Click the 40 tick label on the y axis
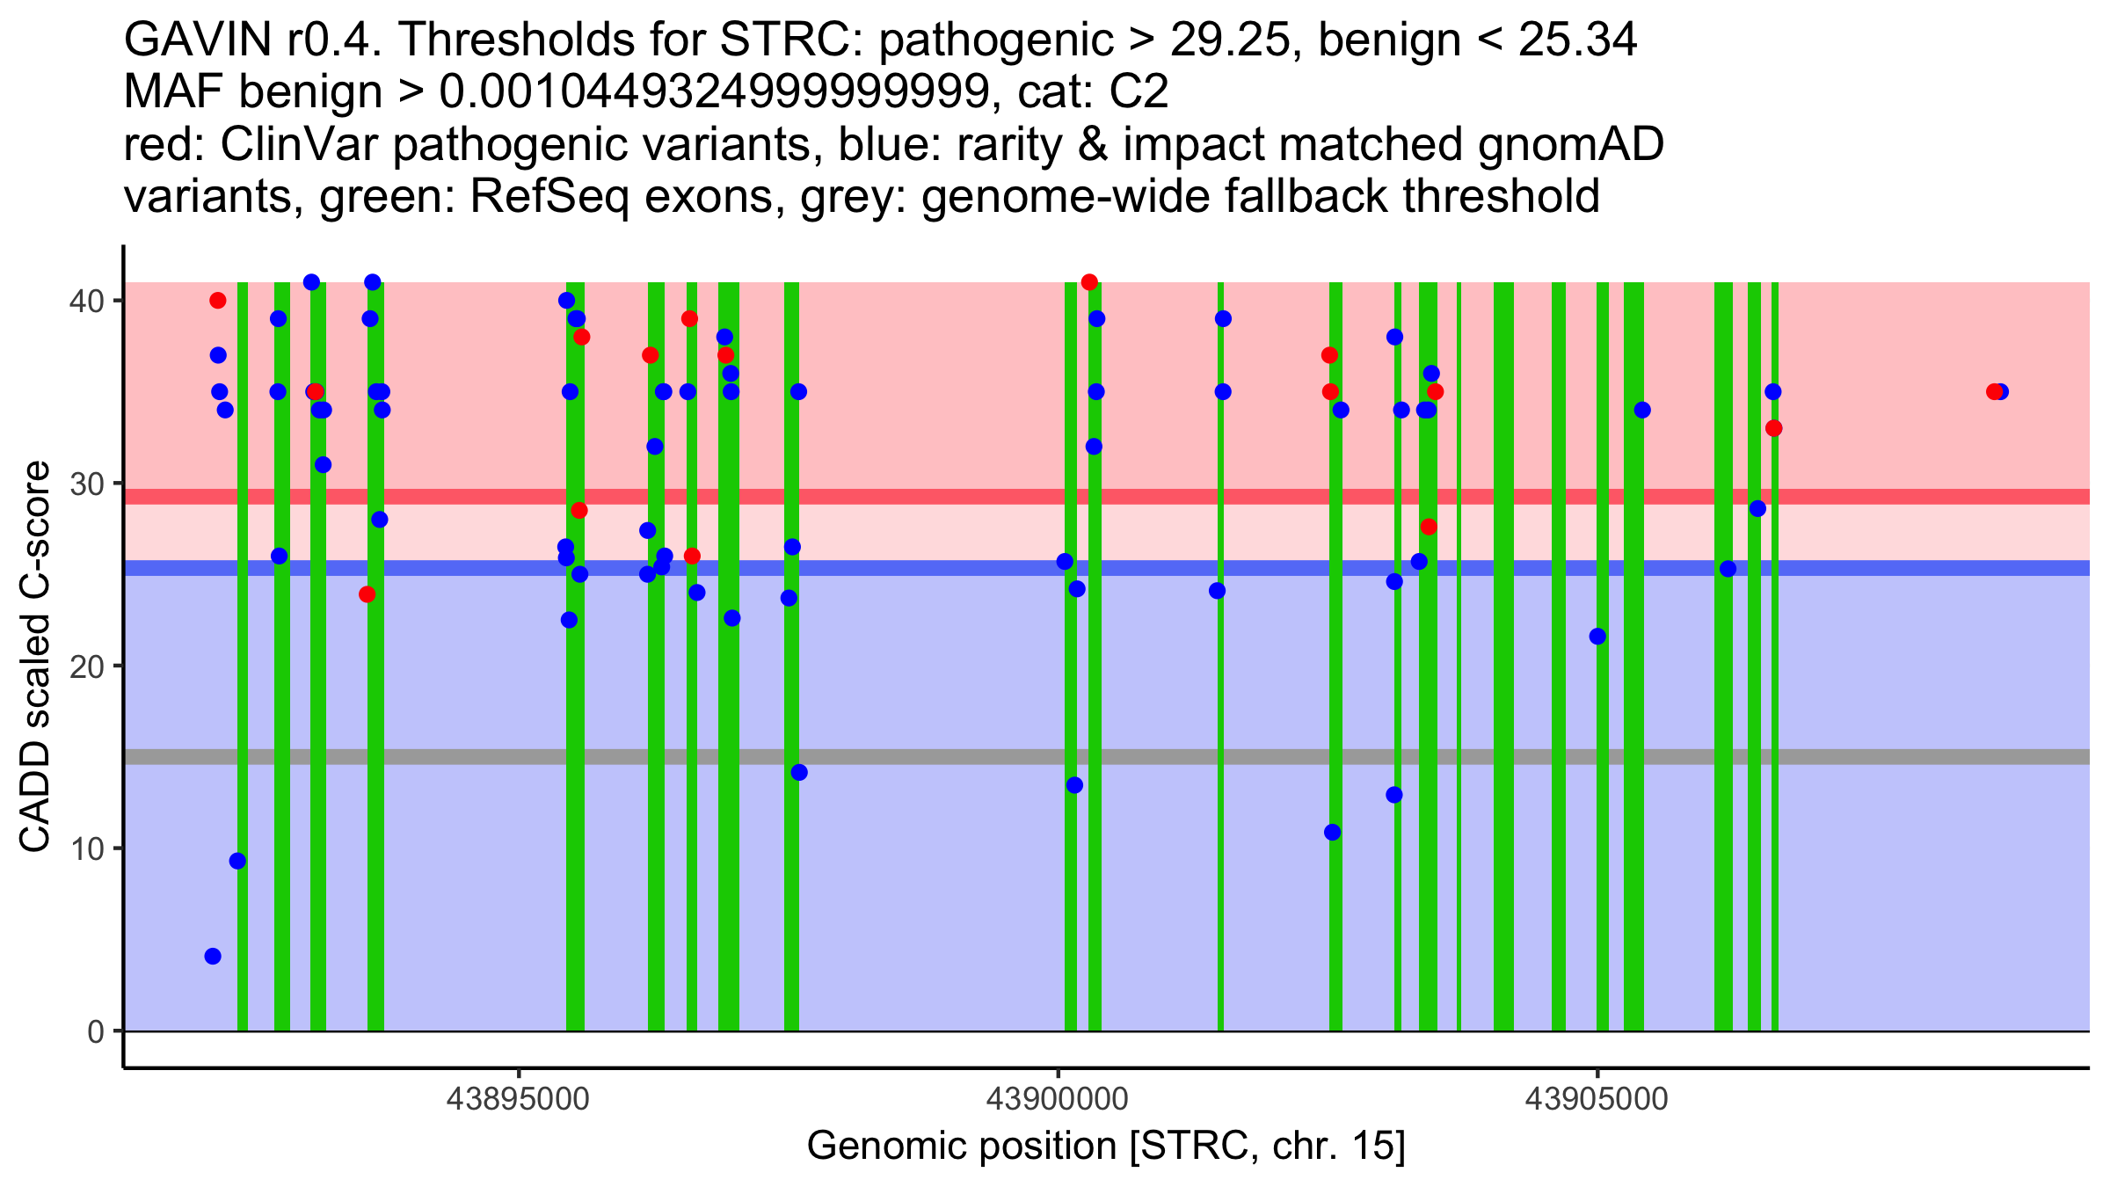85,301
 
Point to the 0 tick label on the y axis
95,1031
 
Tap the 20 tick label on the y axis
85,666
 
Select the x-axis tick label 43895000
519,1099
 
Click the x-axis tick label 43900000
1058,1099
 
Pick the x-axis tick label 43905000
1597,1099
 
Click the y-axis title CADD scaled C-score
35,657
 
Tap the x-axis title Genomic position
1106,1147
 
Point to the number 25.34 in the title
1577,40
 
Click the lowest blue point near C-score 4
213,956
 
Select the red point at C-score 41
1089,282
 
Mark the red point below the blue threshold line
367,594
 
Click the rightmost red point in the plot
1994,392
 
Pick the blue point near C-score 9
237,861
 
